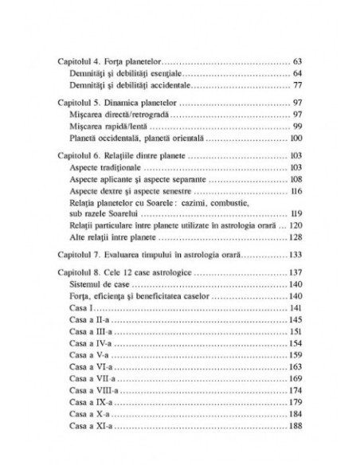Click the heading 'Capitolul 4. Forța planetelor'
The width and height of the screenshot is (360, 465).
[x=109, y=61]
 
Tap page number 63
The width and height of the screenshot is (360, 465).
[x=299, y=61]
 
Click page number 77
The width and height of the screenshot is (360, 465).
[x=299, y=84]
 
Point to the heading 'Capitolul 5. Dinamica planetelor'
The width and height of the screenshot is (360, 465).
[x=117, y=104]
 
